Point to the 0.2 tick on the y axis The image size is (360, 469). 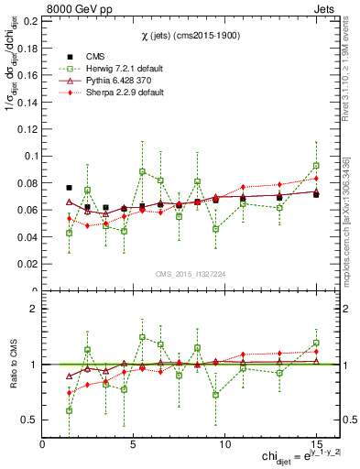pos(30,19)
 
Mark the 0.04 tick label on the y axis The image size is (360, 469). pos(27,237)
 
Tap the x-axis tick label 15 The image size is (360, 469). pos(316,444)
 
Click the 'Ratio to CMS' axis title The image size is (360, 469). pos(12,365)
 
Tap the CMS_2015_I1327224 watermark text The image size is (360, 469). pos(191,274)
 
